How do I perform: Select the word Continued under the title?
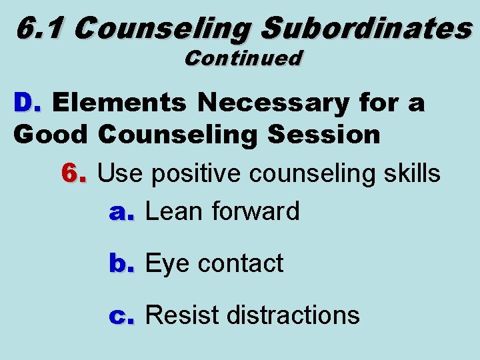click(x=243, y=58)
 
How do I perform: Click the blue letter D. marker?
click(x=27, y=103)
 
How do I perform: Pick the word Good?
click(x=49, y=135)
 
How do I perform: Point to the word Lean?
click(x=174, y=212)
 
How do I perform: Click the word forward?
click(x=256, y=212)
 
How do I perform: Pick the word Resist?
click(x=182, y=315)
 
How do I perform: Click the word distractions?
click(x=294, y=315)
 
